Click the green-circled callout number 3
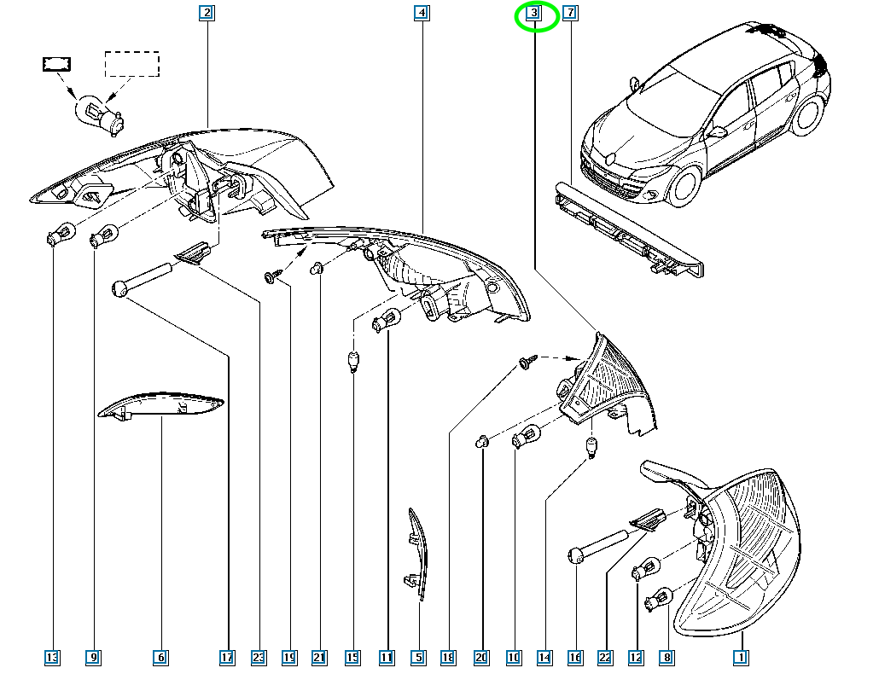(533, 12)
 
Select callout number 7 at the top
(570, 12)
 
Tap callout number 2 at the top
(207, 12)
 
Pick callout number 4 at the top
(422, 12)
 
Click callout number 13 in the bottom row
(52, 658)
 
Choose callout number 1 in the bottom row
(741, 658)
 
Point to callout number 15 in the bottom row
(352, 658)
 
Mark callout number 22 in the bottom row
(605, 658)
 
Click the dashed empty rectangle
(132, 64)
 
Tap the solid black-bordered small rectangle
(56, 64)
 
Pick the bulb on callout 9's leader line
(103, 235)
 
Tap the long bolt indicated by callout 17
(142, 279)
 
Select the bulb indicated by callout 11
(387, 319)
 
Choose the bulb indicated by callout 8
(659, 599)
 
